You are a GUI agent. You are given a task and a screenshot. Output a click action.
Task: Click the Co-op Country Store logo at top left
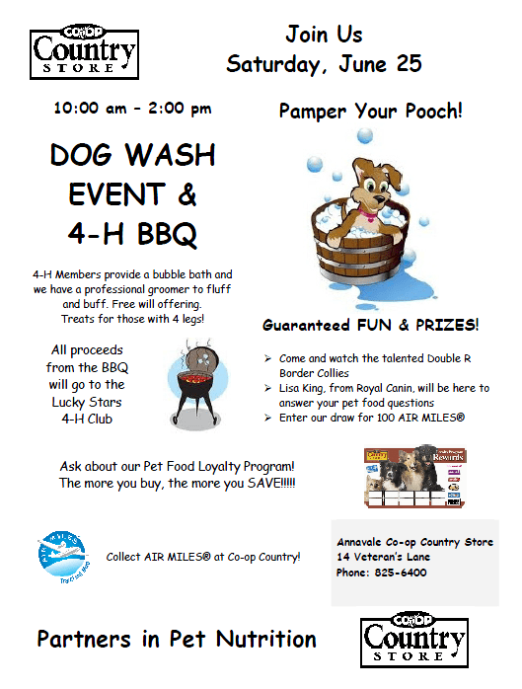84,52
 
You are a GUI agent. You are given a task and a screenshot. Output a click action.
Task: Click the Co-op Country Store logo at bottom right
414,641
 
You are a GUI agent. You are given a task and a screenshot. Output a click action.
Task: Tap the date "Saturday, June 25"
324,64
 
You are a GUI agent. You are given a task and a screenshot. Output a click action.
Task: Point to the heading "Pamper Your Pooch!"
370,111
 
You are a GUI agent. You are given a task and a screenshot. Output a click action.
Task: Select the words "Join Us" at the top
324,34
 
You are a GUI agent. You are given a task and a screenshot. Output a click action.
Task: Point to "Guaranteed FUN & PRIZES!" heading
370,325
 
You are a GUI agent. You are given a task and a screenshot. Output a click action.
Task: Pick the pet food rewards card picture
414,478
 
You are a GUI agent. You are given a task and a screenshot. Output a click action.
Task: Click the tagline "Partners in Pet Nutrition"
177,639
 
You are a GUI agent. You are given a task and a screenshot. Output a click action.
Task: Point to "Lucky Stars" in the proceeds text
88,402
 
